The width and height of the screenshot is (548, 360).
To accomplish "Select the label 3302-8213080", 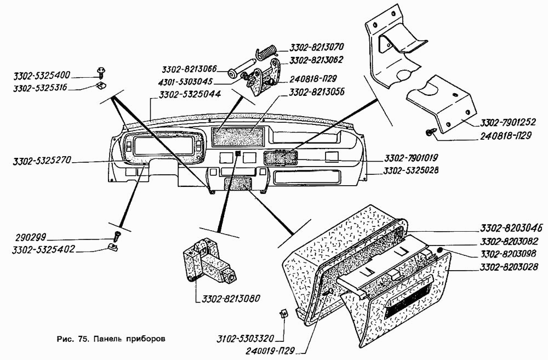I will [226, 299].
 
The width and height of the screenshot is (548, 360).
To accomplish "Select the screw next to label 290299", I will [116, 237].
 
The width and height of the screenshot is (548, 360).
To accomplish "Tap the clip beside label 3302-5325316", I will [101, 85].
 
